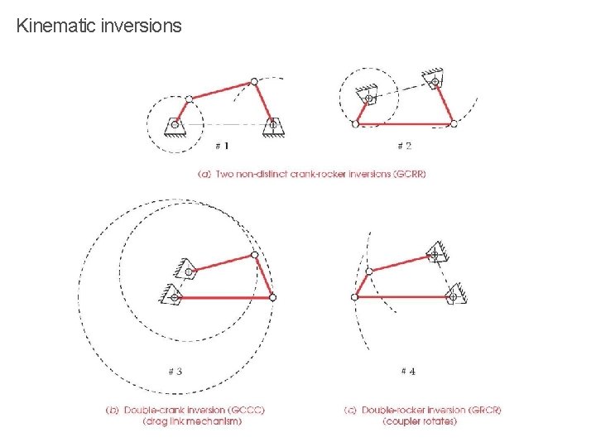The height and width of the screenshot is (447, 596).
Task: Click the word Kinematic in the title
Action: tap(56, 26)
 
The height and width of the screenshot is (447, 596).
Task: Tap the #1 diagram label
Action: tap(222, 146)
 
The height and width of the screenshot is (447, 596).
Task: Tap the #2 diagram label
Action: tap(404, 146)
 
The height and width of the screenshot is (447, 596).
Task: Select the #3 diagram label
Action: tap(175, 371)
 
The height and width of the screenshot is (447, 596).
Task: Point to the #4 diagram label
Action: tap(408, 371)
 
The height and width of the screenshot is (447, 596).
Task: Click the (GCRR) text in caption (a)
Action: tap(406, 174)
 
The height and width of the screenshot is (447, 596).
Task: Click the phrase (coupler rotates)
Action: tap(420, 421)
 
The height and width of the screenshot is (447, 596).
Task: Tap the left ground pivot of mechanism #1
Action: tap(175, 125)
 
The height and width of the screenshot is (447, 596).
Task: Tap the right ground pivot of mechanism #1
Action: tap(272, 125)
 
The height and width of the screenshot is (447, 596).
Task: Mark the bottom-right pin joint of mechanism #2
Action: tap(453, 123)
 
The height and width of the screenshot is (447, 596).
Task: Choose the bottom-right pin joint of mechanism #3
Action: tap(272, 296)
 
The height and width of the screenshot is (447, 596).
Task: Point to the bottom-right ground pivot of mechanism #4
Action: tap(452, 296)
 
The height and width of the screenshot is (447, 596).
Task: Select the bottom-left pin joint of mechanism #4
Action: tap(355, 296)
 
